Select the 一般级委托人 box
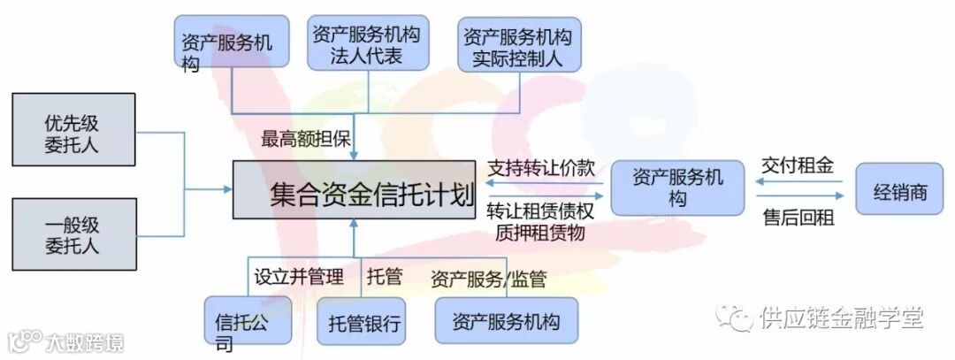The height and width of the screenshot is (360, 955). click(73, 234)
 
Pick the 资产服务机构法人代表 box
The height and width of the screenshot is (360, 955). click(368, 42)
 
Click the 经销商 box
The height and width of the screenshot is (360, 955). click(900, 191)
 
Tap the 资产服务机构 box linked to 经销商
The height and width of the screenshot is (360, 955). click(678, 187)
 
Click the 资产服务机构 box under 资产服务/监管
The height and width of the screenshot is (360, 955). click(506, 320)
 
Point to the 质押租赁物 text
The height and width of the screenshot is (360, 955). click(540, 233)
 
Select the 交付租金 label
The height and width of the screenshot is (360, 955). click(797, 165)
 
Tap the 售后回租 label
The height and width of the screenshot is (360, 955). click(797, 218)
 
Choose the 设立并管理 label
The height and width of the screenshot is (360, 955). click(299, 276)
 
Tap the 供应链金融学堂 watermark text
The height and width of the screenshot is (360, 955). click(840, 316)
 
